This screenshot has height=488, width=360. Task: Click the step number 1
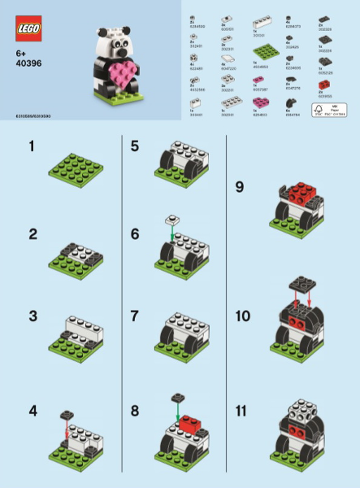click(x=32, y=146)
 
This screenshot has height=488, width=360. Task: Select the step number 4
click(x=33, y=411)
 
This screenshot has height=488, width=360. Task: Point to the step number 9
click(x=239, y=186)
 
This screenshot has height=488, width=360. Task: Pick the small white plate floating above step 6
click(x=171, y=220)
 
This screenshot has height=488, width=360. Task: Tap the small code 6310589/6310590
click(x=28, y=117)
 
